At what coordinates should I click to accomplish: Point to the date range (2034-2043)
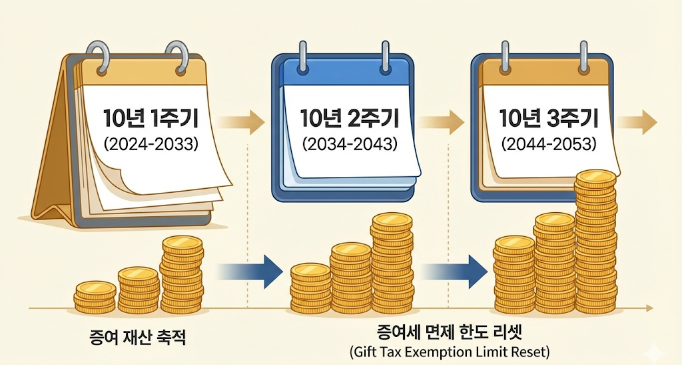click(x=350, y=143)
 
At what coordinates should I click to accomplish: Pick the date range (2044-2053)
click(x=549, y=143)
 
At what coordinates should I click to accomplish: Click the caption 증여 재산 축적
click(x=137, y=336)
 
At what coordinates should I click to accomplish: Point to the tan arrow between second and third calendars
click(x=442, y=122)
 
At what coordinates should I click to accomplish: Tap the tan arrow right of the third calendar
click(x=637, y=122)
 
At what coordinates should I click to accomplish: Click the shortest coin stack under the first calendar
click(x=95, y=298)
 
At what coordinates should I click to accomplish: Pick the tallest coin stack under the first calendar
click(x=181, y=274)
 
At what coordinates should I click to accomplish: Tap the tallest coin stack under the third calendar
click(x=596, y=240)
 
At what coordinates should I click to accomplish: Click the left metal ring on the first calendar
click(x=98, y=56)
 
